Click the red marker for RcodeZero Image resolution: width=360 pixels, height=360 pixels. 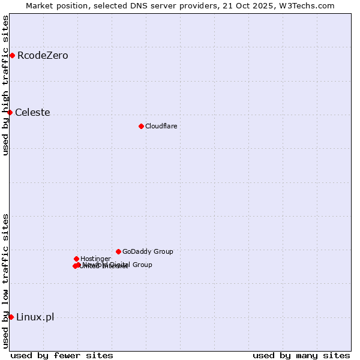[12, 56]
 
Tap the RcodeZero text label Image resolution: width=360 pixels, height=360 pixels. [43, 56]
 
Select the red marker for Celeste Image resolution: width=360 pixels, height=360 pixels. [10, 112]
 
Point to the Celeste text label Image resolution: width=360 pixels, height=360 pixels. [32, 113]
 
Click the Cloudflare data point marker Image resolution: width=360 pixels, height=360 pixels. [141, 126]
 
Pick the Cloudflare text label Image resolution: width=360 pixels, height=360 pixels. [161, 126]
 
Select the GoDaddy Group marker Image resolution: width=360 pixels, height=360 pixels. [118, 251]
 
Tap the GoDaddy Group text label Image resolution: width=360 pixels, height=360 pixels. [148, 252]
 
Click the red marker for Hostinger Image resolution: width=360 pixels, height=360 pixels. [76, 259]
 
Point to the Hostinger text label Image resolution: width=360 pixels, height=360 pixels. [95, 259]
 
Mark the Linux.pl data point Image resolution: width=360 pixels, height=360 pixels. [11, 317]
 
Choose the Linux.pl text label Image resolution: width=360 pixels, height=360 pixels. [35, 317]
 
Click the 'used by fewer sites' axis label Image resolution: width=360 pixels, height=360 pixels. [62, 355]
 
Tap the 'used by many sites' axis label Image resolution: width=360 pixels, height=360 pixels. [301, 355]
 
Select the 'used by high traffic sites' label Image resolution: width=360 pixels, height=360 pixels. [5, 85]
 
